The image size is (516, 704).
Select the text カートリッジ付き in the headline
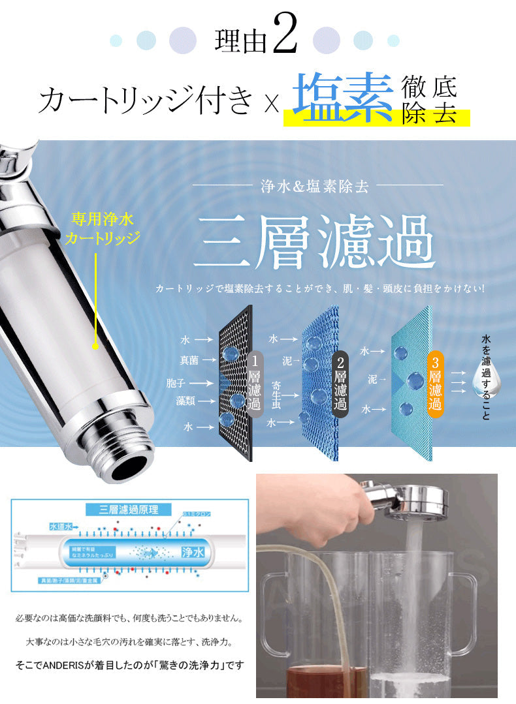click(x=146, y=100)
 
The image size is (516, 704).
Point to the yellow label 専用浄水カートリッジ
click(x=103, y=228)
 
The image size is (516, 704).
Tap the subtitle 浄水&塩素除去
click(x=315, y=187)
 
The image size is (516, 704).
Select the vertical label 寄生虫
click(x=276, y=394)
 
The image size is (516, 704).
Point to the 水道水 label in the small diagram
click(x=61, y=526)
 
